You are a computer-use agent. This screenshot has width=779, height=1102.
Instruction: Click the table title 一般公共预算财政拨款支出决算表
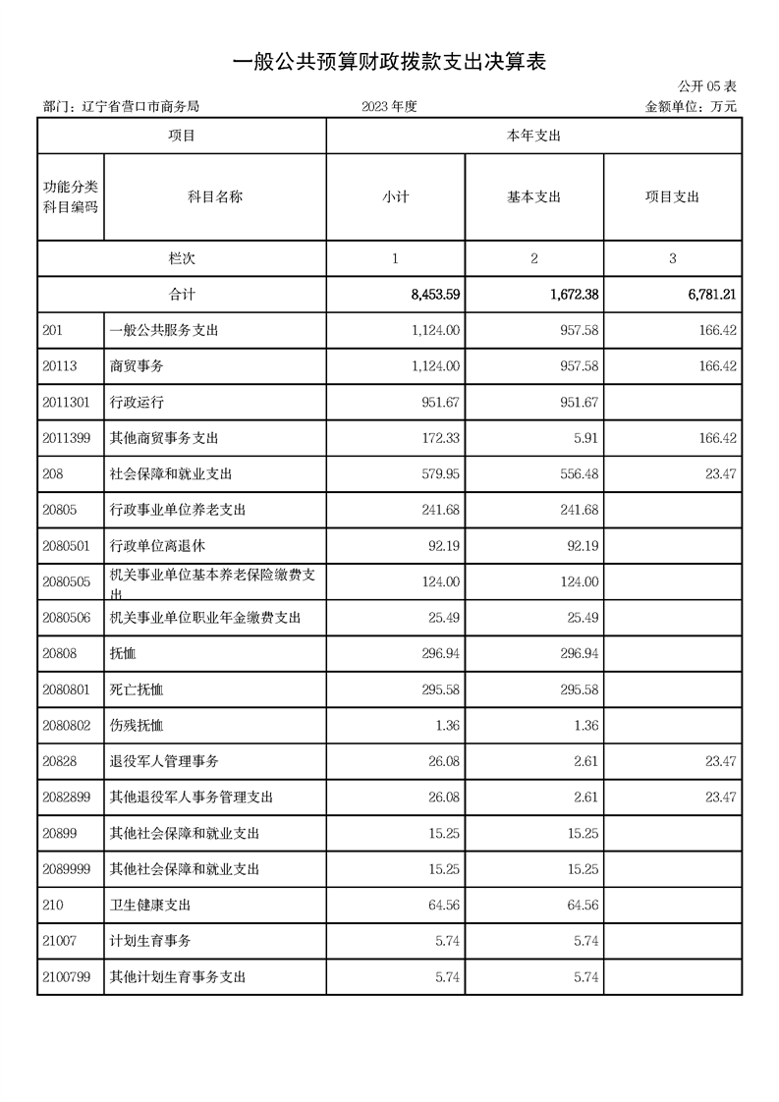(389, 62)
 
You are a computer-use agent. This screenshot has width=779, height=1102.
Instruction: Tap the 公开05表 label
(707, 88)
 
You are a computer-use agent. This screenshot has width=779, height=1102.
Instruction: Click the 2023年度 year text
(389, 107)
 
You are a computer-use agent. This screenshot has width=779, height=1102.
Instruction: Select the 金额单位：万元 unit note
(691, 107)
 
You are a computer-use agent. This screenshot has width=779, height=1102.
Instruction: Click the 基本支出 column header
(533, 196)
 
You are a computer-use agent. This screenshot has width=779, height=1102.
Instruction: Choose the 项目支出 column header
(672, 196)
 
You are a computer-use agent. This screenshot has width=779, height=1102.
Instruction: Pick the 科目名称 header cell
(215, 196)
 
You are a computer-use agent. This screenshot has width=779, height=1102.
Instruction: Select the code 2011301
(67, 402)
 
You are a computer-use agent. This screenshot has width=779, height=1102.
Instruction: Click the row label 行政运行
(137, 402)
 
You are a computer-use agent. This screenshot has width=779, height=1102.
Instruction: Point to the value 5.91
(584, 438)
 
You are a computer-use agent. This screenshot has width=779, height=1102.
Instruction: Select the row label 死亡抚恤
(137, 689)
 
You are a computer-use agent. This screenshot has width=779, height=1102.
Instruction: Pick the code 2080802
(67, 726)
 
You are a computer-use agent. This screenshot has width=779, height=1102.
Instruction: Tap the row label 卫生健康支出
(150, 906)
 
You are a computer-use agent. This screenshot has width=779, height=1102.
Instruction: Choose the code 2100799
(67, 977)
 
